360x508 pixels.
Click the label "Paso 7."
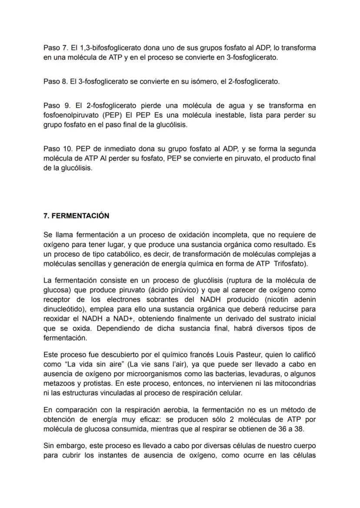tap(56, 47)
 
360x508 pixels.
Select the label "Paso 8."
tap(56, 81)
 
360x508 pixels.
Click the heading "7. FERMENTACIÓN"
tap(76, 216)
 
